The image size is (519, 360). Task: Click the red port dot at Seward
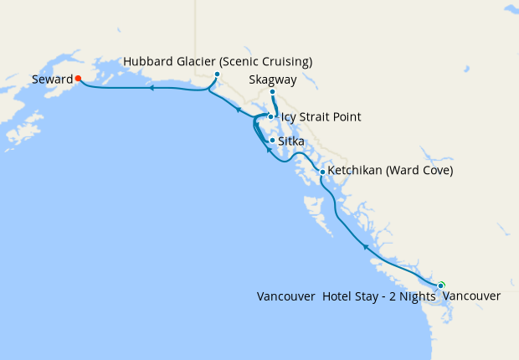[x=78, y=79]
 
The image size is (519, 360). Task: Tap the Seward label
[x=51, y=80]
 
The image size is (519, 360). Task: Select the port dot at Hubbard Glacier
[x=217, y=74]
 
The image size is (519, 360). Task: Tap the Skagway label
[x=273, y=80]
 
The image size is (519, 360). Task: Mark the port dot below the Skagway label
[x=272, y=91]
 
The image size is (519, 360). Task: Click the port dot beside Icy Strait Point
[x=270, y=116]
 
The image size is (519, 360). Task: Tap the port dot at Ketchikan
[x=322, y=172]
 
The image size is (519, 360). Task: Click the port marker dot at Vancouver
[x=441, y=285]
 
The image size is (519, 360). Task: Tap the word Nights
[x=413, y=296]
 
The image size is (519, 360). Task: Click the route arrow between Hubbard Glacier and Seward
[x=152, y=87]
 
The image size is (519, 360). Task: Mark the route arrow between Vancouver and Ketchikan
[x=366, y=248]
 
